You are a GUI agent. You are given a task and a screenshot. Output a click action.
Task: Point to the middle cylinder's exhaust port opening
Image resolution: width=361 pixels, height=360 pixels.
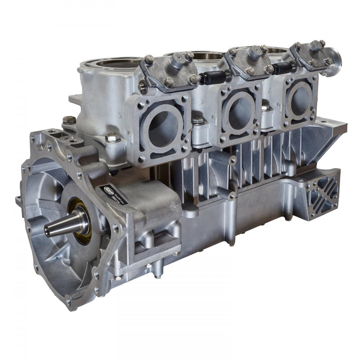pyautogui.click(x=239, y=112)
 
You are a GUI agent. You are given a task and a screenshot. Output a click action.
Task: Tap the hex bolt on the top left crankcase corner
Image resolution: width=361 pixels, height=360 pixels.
pyautogui.click(x=69, y=120)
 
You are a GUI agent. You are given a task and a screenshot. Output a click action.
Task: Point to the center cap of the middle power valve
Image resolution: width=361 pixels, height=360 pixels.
pyautogui.click(x=253, y=52)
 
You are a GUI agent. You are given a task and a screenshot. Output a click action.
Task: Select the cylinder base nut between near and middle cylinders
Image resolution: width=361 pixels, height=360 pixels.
pyautogui.click(x=198, y=121)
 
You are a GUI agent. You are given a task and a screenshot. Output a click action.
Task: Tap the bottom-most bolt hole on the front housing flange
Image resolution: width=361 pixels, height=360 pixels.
pyautogui.click(x=69, y=303)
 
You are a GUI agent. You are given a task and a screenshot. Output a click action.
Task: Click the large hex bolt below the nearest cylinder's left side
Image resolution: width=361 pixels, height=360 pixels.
pyautogui.click(x=112, y=138)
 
